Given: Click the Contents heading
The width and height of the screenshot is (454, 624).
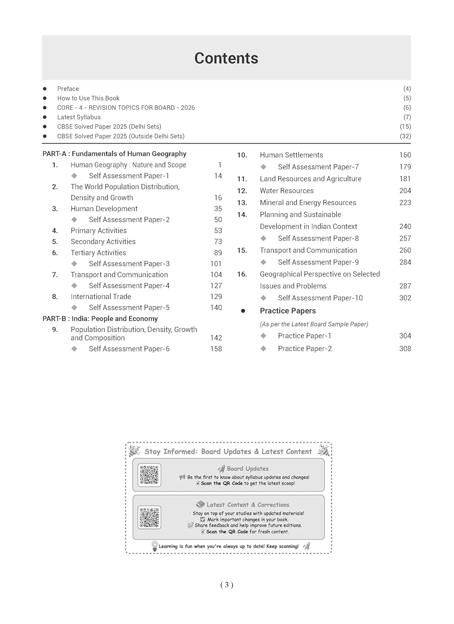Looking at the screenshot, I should pyautogui.click(x=226, y=58).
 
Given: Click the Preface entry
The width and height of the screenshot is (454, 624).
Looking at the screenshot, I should pyautogui.click(x=68, y=89).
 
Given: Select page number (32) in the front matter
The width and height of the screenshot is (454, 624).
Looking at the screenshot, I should pyautogui.click(x=405, y=136).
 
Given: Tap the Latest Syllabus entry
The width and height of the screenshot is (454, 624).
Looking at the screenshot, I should pyautogui.click(x=79, y=117).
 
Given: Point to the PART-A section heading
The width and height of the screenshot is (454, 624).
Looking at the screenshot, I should pyautogui.click(x=114, y=154).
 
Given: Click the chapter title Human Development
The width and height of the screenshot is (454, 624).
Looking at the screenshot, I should pyautogui.click(x=104, y=208).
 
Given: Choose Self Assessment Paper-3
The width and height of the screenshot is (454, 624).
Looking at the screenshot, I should pyautogui.click(x=129, y=263).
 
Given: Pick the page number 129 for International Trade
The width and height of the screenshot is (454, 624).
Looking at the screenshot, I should pyautogui.click(x=216, y=297).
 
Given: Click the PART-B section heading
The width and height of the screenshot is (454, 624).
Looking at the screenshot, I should pyautogui.click(x=100, y=319).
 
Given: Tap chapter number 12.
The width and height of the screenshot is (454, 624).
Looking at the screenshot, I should pyautogui.click(x=242, y=191).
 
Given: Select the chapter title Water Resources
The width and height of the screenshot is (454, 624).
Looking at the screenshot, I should pyautogui.click(x=286, y=191).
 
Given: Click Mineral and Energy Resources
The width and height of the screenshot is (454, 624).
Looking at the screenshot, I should pyautogui.click(x=308, y=203).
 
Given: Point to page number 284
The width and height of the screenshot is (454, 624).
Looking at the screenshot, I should pyautogui.click(x=405, y=262).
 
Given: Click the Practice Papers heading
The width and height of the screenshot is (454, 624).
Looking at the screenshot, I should pyautogui.click(x=288, y=311).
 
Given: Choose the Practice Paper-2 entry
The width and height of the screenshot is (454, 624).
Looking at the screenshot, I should pyautogui.click(x=305, y=349).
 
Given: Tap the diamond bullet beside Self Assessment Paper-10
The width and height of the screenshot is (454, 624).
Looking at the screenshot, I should pyautogui.click(x=263, y=298).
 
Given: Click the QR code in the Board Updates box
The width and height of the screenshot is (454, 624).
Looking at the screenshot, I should pyautogui.click(x=149, y=475).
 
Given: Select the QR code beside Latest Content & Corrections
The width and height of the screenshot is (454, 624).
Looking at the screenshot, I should pyautogui.click(x=149, y=517).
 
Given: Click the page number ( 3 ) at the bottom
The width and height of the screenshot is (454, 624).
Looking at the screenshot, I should pyautogui.click(x=227, y=585).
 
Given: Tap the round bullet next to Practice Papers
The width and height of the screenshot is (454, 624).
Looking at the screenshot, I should pyautogui.click(x=243, y=311).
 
